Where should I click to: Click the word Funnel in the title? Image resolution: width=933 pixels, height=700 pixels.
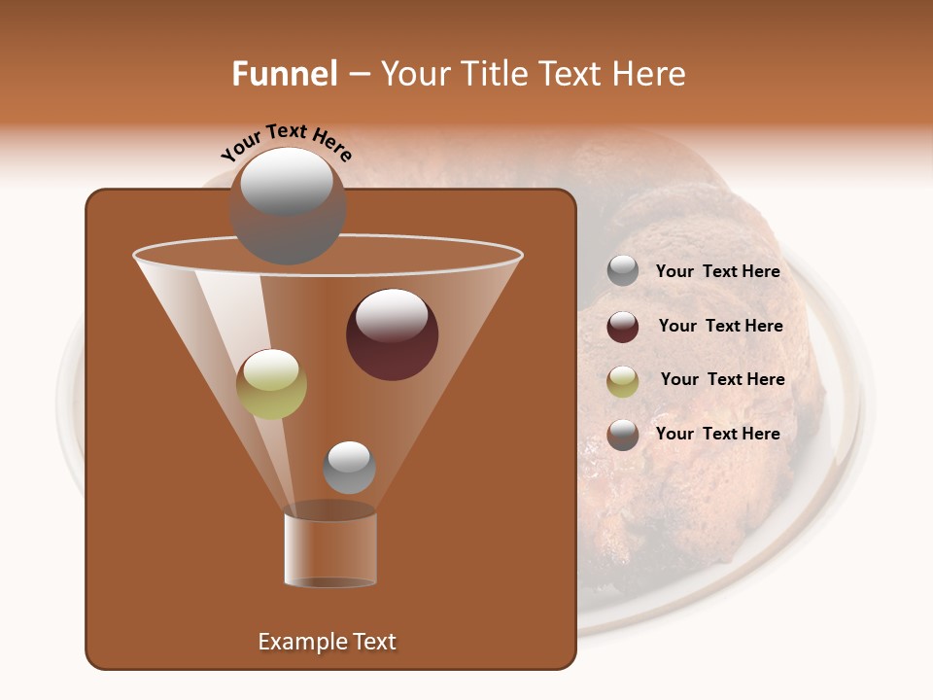click(x=284, y=74)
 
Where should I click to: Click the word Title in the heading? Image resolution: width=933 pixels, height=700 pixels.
click(x=495, y=74)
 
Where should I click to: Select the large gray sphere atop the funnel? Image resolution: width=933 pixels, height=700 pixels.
click(x=288, y=206)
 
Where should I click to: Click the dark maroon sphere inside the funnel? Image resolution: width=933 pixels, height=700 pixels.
click(x=392, y=335)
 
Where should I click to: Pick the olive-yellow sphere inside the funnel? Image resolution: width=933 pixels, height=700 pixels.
click(x=271, y=384)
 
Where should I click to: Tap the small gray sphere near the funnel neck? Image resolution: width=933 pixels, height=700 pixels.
click(x=349, y=468)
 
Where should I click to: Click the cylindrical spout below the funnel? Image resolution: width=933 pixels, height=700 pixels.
click(x=330, y=547)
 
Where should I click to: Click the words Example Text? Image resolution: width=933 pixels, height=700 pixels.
click(x=327, y=642)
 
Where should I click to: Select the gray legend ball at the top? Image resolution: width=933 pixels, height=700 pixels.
click(x=623, y=271)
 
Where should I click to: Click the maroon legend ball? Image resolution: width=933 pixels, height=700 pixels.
click(x=623, y=327)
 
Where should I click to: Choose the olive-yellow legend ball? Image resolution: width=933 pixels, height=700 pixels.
click(x=623, y=381)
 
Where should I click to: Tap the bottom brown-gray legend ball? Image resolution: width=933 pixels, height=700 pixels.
click(x=623, y=435)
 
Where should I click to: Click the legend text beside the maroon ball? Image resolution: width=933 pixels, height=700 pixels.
click(x=720, y=327)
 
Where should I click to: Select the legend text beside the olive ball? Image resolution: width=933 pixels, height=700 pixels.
click(x=722, y=380)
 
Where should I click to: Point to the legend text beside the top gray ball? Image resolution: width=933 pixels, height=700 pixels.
click(x=717, y=272)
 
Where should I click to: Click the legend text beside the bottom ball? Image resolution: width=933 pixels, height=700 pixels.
click(x=717, y=435)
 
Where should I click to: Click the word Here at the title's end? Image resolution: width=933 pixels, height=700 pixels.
click(x=650, y=74)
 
